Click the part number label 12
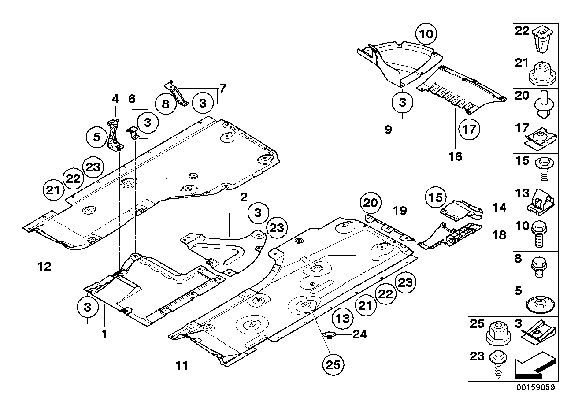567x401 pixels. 44,266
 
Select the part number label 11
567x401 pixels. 182,365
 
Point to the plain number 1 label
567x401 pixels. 104,334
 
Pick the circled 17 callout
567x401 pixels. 469,130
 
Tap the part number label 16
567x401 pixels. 456,156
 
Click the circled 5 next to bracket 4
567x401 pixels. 96,137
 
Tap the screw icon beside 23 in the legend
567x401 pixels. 498,365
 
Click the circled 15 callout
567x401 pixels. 436,198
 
